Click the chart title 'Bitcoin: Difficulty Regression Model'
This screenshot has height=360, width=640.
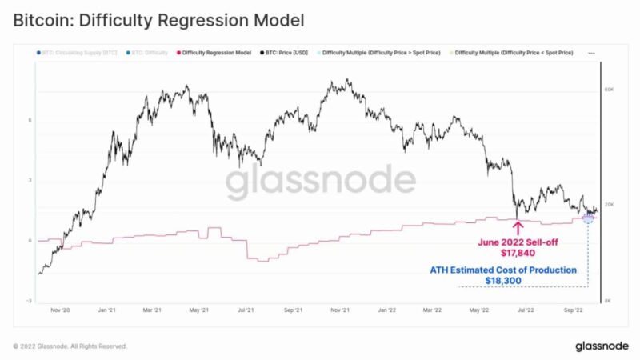(x=158, y=18)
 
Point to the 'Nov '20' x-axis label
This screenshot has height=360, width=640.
(x=61, y=310)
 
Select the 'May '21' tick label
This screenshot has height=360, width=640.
(x=199, y=310)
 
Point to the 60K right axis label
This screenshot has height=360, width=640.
(x=609, y=90)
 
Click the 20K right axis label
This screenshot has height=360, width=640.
(x=609, y=205)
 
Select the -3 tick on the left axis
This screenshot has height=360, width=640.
(x=30, y=301)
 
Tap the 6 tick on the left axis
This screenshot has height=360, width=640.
(x=30, y=120)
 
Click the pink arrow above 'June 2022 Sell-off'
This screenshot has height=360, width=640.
(x=518, y=227)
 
